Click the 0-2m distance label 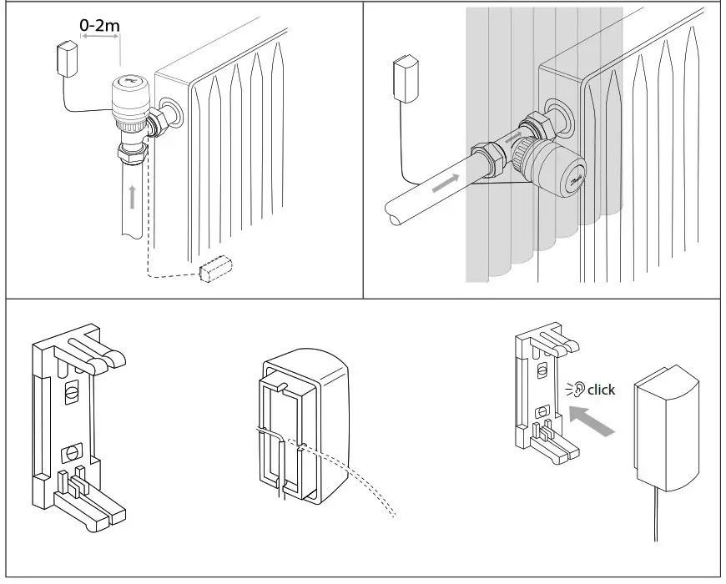(x=100, y=25)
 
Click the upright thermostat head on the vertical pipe (x=132, y=98)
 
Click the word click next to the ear (x=601, y=390)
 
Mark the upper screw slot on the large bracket (x=73, y=390)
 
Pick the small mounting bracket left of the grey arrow (x=541, y=392)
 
